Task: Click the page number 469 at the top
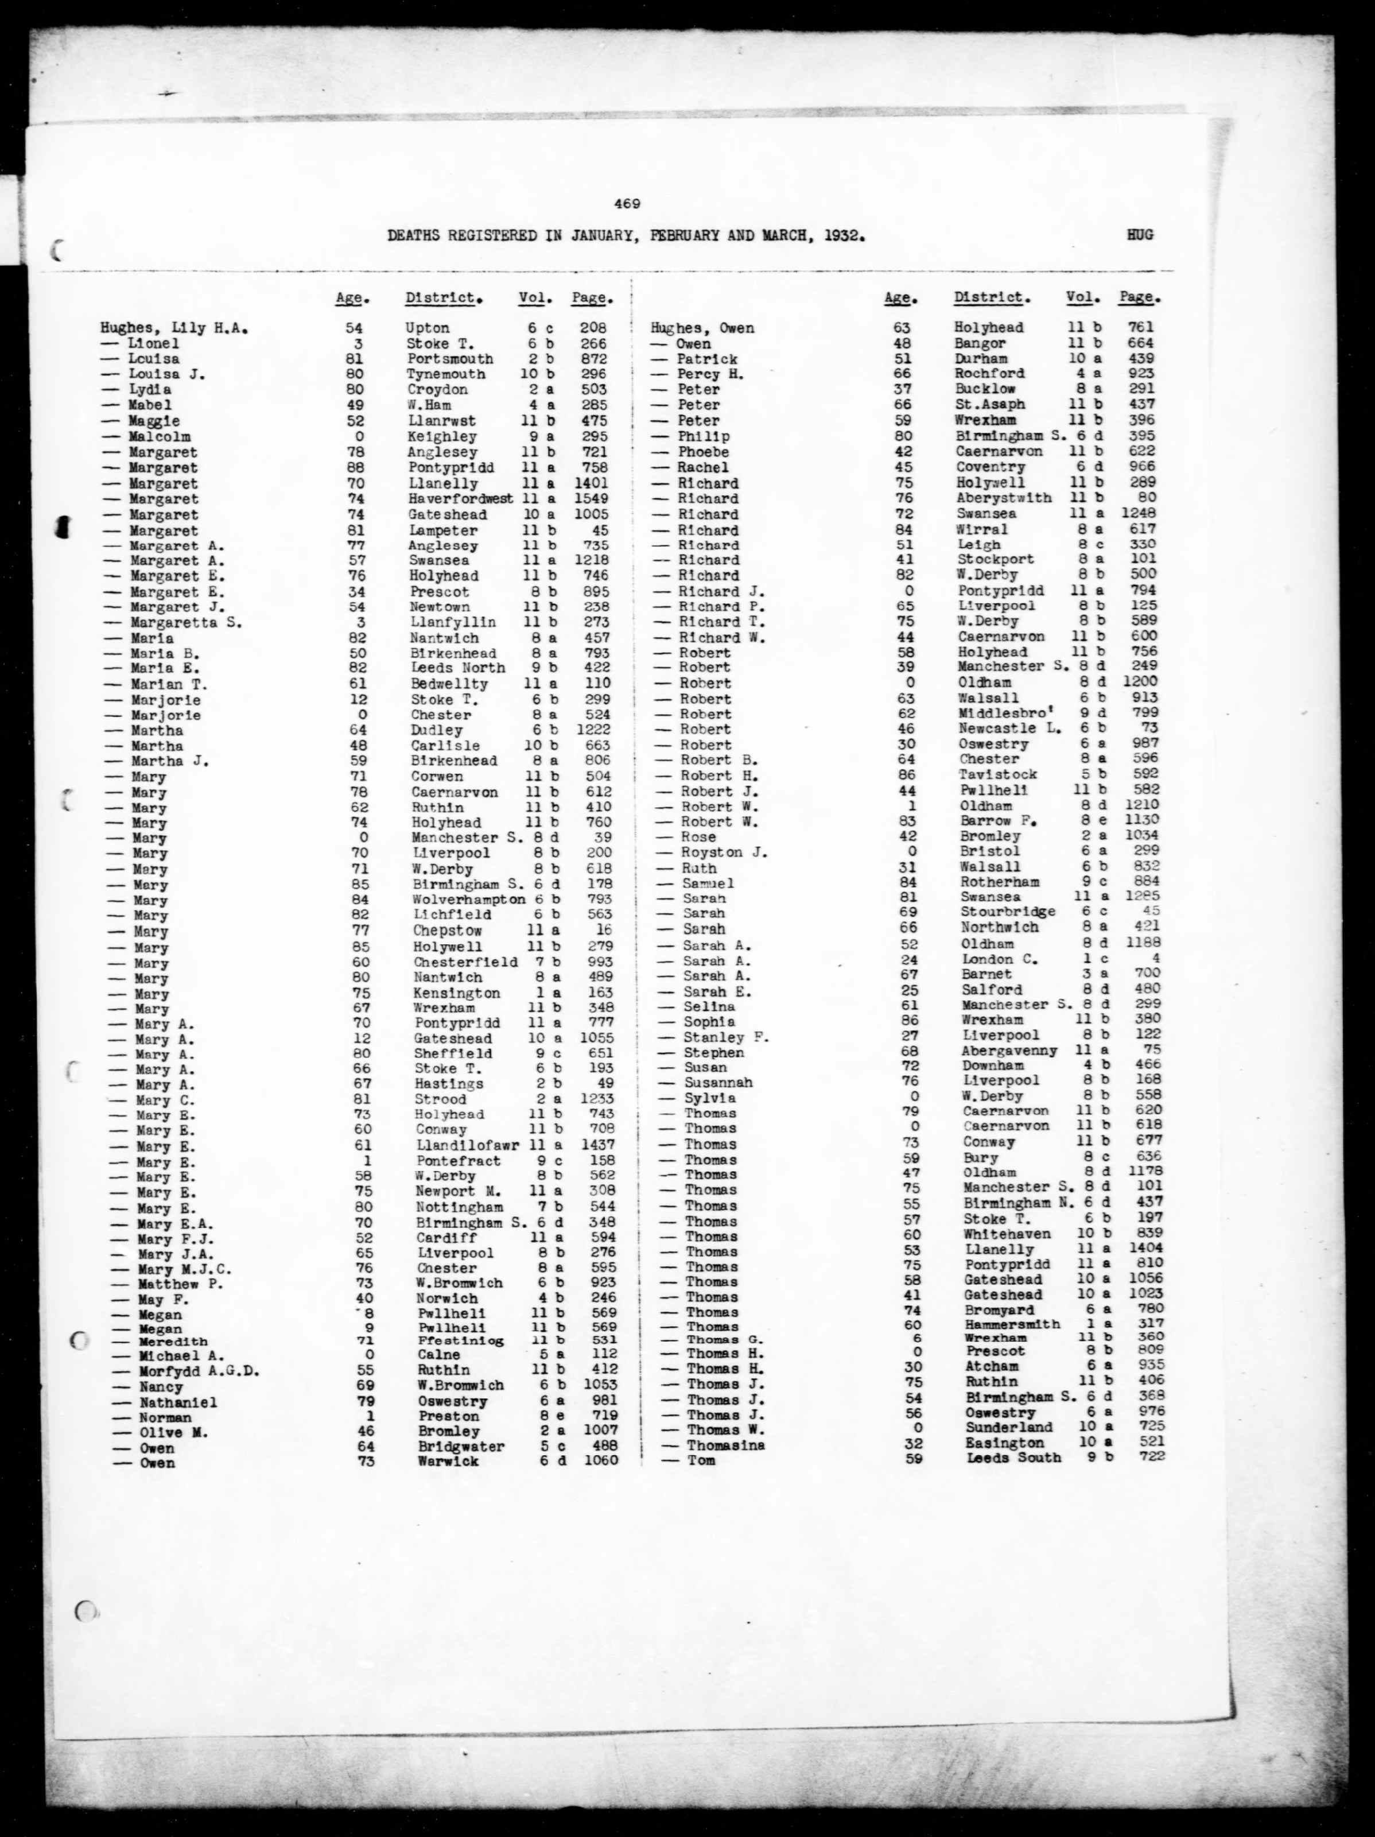pyautogui.click(x=627, y=203)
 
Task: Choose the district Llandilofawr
pyautogui.click(x=468, y=1146)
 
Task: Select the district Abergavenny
pyautogui.click(x=1009, y=1051)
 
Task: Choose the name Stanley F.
pyautogui.click(x=727, y=1037)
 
